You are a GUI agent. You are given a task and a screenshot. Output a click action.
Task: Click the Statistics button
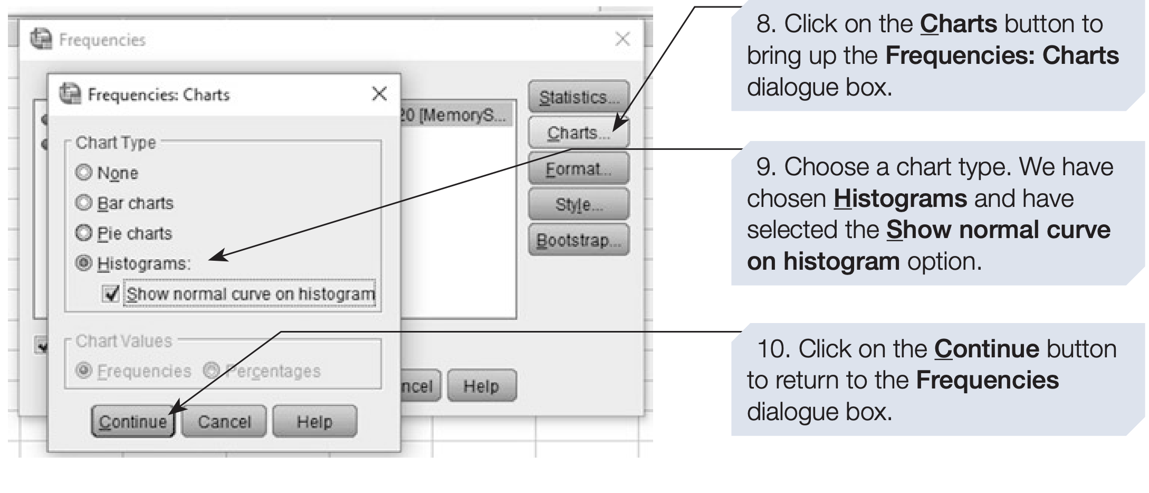[x=578, y=97]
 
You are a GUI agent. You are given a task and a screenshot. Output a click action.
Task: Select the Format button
[x=578, y=169]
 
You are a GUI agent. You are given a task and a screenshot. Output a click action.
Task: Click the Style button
[x=578, y=204]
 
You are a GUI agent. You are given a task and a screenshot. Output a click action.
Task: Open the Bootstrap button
[x=578, y=240]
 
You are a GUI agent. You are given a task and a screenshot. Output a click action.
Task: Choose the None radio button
[x=83, y=172]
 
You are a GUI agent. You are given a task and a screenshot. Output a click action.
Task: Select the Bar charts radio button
[x=83, y=203]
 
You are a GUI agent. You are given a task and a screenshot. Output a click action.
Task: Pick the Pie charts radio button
[x=83, y=233]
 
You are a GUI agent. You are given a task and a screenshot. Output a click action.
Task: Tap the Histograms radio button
[x=83, y=263]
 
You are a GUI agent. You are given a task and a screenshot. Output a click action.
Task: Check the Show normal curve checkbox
[x=111, y=293]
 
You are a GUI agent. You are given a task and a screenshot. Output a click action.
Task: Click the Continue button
[x=133, y=421]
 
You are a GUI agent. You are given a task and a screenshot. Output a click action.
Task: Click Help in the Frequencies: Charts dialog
[x=314, y=421]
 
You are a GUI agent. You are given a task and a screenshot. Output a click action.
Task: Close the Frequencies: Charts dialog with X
[x=379, y=94]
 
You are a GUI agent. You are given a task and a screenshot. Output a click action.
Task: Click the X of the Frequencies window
[x=623, y=39]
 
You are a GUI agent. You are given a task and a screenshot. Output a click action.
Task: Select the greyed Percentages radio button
[x=211, y=371]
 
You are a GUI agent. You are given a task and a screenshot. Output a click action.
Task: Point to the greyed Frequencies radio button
[x=83, y=371]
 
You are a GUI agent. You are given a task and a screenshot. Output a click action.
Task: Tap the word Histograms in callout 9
[x=900, y=199]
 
